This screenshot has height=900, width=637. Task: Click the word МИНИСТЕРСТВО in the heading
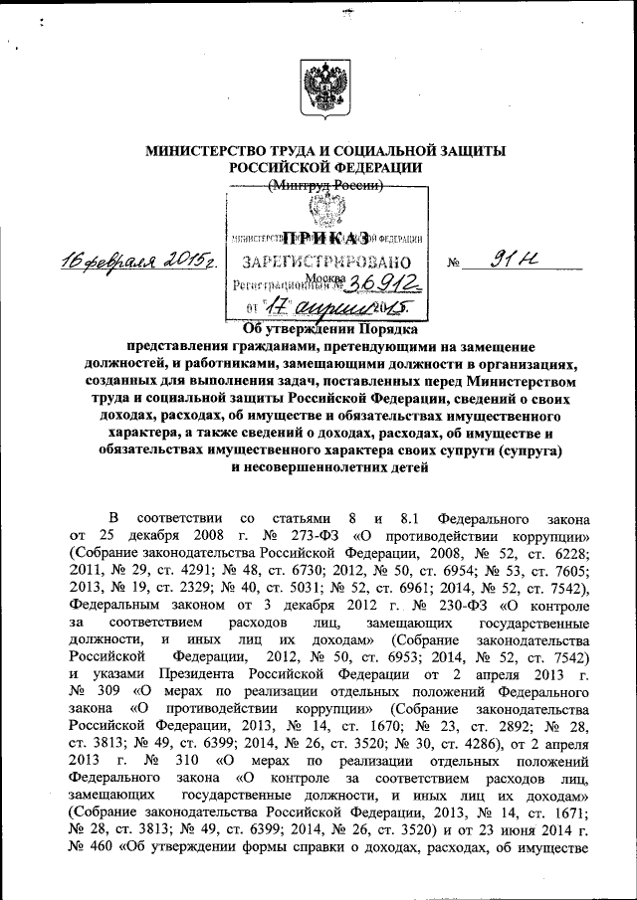click(x=206, y=151)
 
